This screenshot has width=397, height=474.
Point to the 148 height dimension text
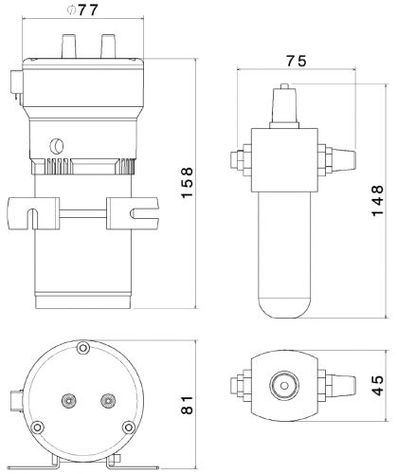378,199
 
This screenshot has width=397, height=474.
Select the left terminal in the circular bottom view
67,399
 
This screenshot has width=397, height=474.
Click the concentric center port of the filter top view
281,384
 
